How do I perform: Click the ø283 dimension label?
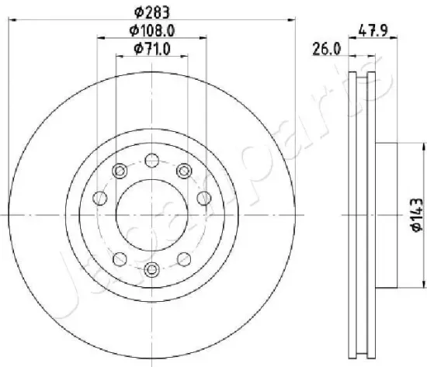tap(152, 12)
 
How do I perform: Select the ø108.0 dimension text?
tap(151, 30)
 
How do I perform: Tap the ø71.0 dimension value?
tap(152, 49)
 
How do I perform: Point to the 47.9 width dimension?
tap(373, 30)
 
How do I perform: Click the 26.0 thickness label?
tap(327, 50)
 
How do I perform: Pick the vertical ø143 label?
tap(417, 215)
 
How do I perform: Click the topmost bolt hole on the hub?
tap(152, 160)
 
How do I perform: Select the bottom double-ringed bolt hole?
tap(151, 269)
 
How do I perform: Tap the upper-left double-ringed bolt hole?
tap(120, 171)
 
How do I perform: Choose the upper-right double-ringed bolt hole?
tap(184, 171)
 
